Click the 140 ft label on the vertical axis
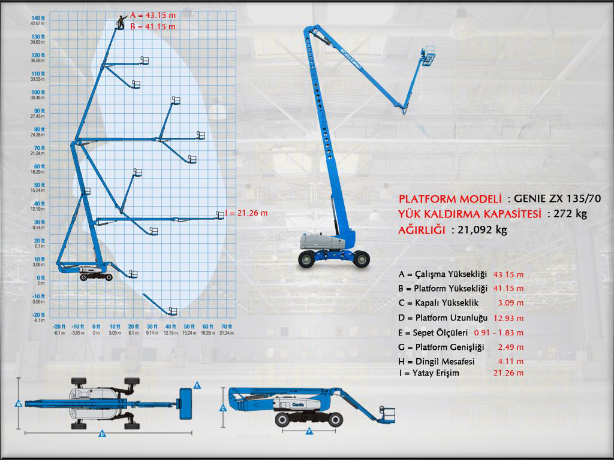point(38,17)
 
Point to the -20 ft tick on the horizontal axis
point(59,326)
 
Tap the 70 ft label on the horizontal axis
point(225,326)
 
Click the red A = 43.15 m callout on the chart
point(152,16)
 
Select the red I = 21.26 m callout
point(246,213)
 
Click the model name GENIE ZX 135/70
point(558,199)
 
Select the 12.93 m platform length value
point(508,318)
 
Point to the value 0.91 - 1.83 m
point(499,332)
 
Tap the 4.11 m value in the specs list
point(510,361)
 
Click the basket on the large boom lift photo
point(428,56)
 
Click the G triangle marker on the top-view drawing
point(19,404)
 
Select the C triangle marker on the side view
point(223,408)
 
